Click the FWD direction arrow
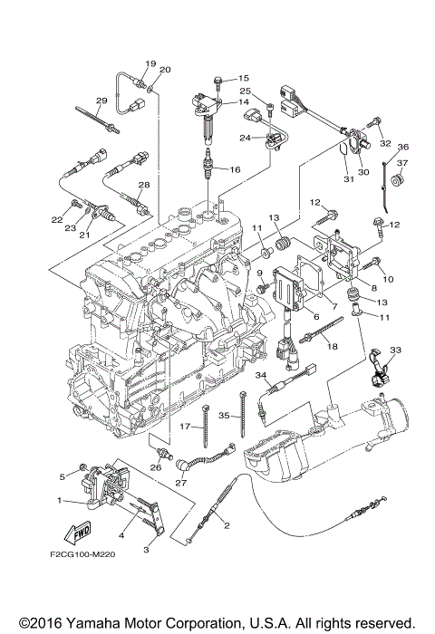[x=77, y=532]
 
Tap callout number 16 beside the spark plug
[x=235, y=169]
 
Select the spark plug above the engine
[x=208, y=164]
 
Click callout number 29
[x=101, y=101]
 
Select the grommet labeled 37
[x=399, y=180]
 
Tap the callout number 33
[x=395, y=350]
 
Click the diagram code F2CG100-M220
[x=82, y=554]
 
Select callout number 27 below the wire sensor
[x=181, y=483]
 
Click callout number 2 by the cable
[x=227, y=525]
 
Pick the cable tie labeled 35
[x=243, y=414]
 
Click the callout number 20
[x=165, y=70]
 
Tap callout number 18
[x=333, y=347]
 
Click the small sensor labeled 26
[x=165, y=453]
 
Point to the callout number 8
[x=374, y=288]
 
